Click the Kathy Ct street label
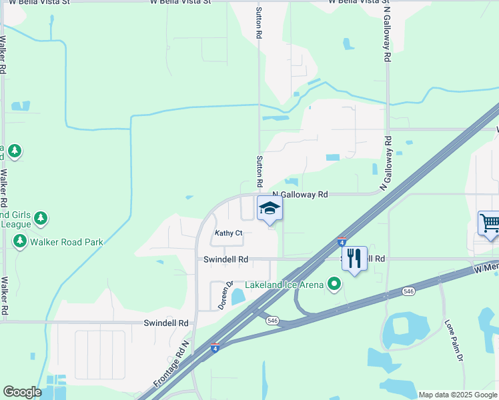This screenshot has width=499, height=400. (x=228, y=233)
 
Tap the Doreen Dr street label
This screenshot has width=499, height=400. (x=223, y=295)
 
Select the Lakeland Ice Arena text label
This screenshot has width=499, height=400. (x=284, y=285)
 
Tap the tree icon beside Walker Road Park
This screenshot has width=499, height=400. (x=20, y=241)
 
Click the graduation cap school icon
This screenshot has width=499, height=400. (x=270, y=209)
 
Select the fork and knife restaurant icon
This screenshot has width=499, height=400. (x=354, y=257)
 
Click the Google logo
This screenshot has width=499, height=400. (x=23, y=392)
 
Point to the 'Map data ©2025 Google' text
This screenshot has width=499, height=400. (x=458, y=395)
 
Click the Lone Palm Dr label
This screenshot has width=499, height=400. (x=454, y=341)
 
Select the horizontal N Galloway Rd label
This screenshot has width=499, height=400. (x=300, y=195)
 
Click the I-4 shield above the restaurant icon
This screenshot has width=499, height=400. (x=342, y=241)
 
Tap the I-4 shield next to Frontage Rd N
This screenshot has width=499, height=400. (x=214, y=347)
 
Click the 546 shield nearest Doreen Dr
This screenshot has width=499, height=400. (x=272, y=321)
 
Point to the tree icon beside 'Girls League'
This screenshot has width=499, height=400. (x=41, y=217)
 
